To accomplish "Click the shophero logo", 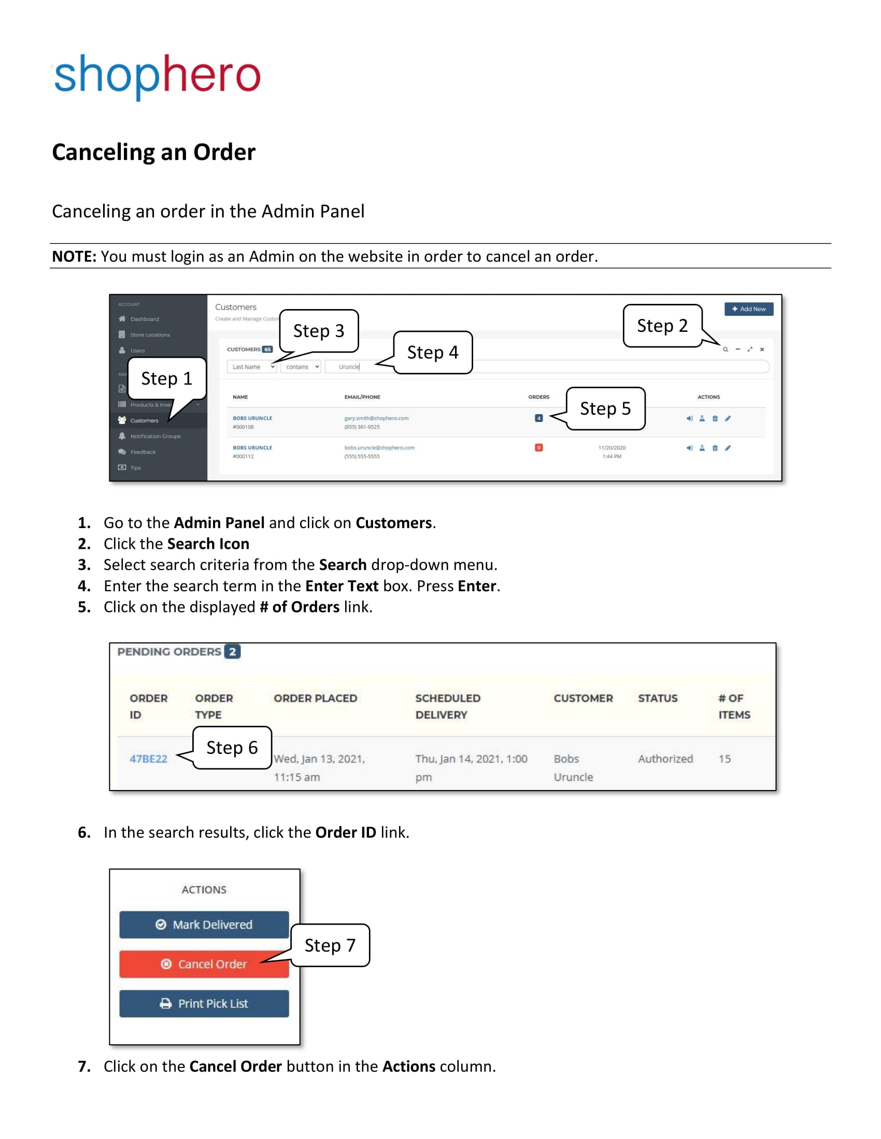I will tap(157, 76).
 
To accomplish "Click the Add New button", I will tap(748, 309).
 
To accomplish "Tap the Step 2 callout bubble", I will tap(662, 326).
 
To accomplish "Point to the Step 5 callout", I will tap(605, 408).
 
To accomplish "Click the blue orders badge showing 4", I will tap(538, 418).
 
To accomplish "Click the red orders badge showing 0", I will tap(538, 447).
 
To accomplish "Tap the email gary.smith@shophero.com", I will tap(376, 418).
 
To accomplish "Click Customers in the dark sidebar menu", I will tap(144, 420).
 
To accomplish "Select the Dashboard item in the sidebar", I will tap(144, 318).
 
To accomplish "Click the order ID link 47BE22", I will tap(148, 759).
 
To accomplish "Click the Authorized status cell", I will tap(665, 759).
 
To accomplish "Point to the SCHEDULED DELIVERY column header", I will tap(447, 706).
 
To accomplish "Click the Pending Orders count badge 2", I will tap(232, 651).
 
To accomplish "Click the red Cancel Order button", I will tap(204, 964).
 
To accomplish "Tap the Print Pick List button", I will tap(204, 1003).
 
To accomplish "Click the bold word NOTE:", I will tap(74, 256).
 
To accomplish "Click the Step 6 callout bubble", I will tap(232, 747).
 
